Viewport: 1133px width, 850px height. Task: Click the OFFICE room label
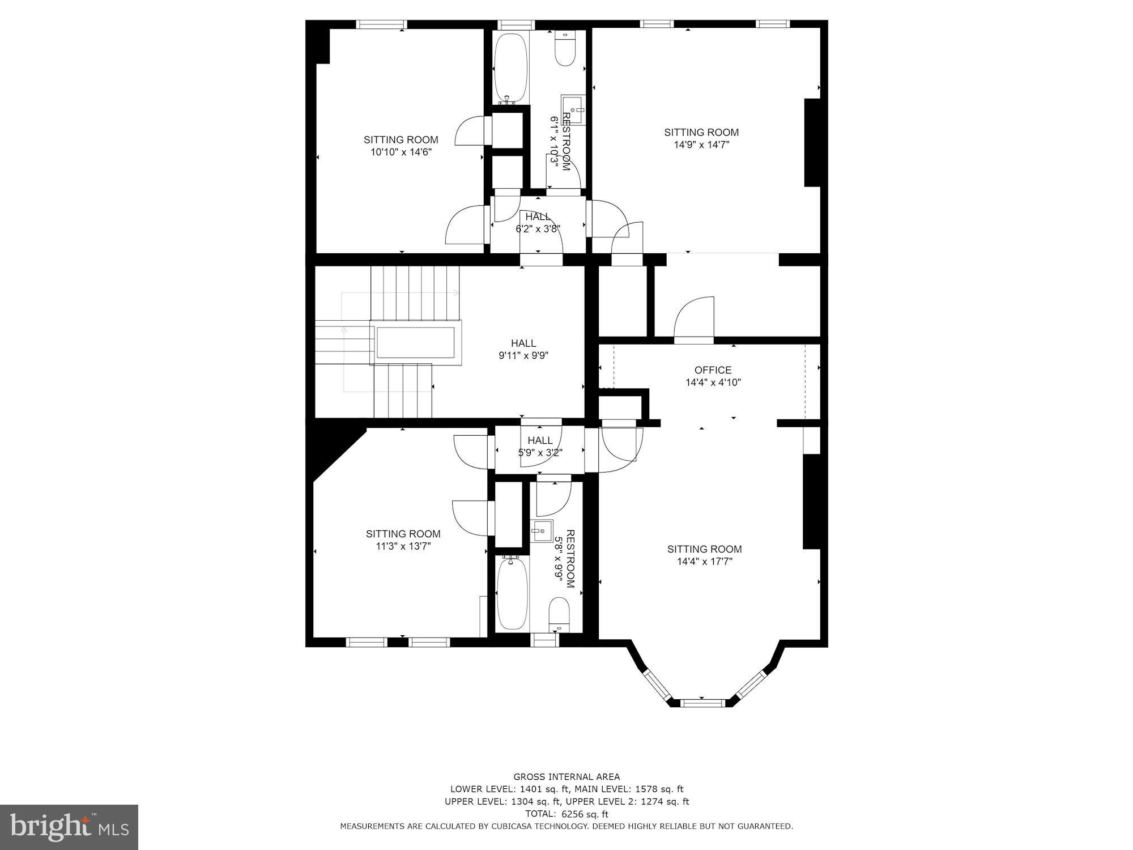pyautogui.click(x=713, y=370)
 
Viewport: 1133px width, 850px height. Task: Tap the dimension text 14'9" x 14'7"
pyautogui.click(x=701, y=144)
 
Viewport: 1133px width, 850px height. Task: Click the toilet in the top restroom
pyautogui.click(x=565, y=49)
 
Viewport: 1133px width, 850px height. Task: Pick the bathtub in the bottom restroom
pyautogui.click(x=512, y=593)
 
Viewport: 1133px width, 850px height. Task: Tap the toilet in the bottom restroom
pyautogui.click(x=559, y=615)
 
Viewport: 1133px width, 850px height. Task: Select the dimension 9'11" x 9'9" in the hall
pyautogui.click(x=523, y=356)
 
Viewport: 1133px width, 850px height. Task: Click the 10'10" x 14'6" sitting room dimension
pyautogui.click(x=401, y=152)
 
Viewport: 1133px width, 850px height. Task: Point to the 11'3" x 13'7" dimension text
pyautogui.click(x=403, y=546)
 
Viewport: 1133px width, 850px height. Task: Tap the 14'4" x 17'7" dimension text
pyautogui.click(x=704, y=562)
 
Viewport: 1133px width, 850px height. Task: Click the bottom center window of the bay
pyautogui.click(x=702, y=703)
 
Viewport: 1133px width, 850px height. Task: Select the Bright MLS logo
pyautogui.click(x=69, y=827)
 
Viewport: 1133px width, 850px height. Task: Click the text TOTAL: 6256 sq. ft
pyautogui.click(x=566, y=814)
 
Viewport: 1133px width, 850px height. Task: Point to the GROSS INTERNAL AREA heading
pyautogui.click(x=566, y=777)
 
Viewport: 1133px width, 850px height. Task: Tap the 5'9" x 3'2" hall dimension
pyautogui.click(x=540, y=453)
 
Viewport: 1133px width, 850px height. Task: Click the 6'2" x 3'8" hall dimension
pyautogui.click(x=538, y=229)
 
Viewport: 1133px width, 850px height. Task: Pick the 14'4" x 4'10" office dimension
pyautogui.click(x=713, y=382)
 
